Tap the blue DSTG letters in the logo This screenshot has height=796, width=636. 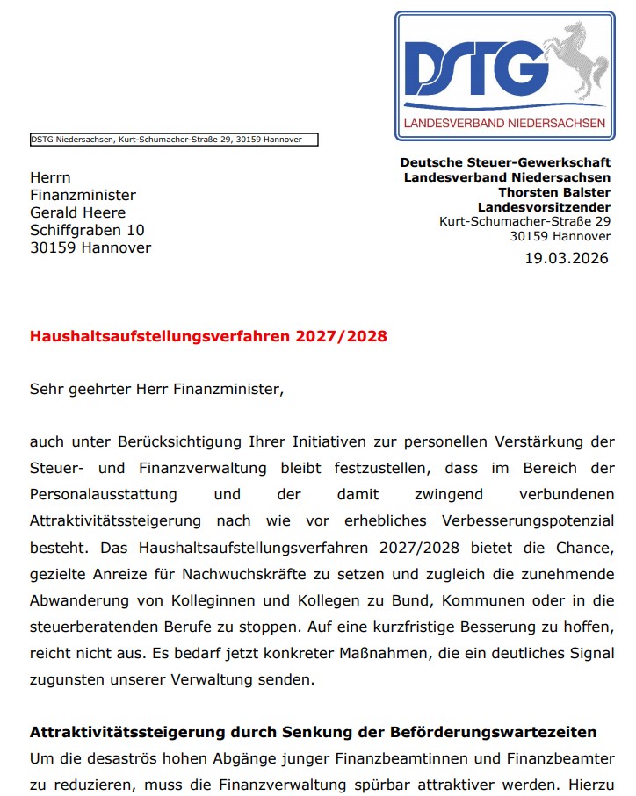[471, 67]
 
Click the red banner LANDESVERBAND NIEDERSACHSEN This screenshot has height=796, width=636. [504, 123]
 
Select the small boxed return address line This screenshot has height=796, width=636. [173, 139]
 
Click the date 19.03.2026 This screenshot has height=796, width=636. [567, 258]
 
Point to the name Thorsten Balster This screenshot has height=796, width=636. [554, 192]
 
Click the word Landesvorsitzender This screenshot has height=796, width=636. [544, 207]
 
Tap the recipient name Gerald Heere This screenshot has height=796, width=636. [77, 212]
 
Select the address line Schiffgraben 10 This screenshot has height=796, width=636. [87, 230]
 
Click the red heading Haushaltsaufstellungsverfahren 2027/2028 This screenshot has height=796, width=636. [208, 336]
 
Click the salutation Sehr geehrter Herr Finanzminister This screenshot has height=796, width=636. [156, 389]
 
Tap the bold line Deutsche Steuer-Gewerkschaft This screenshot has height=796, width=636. [505, 162]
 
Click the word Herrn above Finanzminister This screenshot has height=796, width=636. [50, 177]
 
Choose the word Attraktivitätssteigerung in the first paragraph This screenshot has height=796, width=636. [115, 521]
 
